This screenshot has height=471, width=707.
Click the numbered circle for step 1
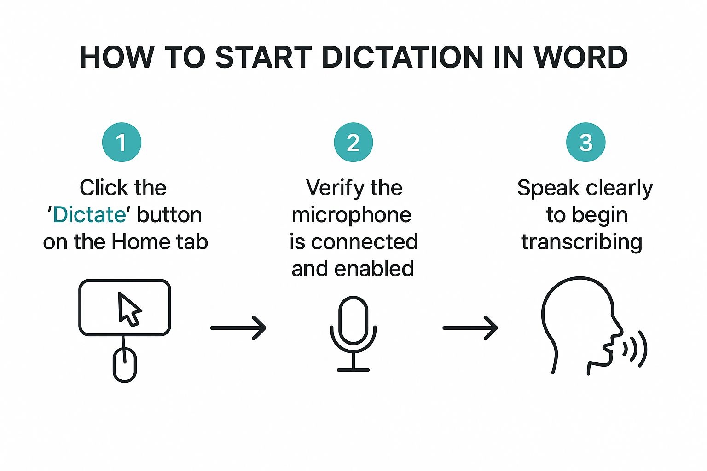[x=122, y=142]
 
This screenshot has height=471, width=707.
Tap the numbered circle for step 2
[x=353, y=142]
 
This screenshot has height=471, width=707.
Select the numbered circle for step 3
[x=585, y=142]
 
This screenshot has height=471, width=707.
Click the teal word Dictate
[x=89, y=215]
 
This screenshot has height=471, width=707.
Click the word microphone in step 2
[x=352, y=215]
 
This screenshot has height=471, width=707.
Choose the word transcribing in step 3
[x=582, y=242]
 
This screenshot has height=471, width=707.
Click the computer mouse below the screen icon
[x=125, y=365]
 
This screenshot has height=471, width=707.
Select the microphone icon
[x=353, y=322]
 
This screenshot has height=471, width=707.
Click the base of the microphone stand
[x=353, y=369]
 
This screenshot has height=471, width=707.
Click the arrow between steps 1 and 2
[x=238, y=328]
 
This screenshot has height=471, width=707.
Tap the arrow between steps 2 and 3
[x=470, y=328]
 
